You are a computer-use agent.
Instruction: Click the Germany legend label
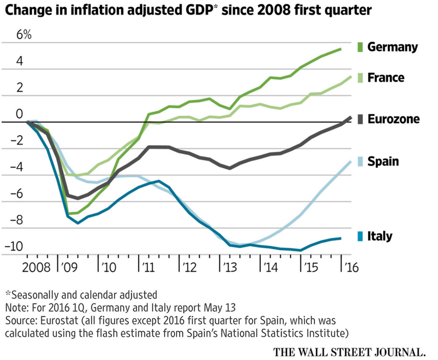pyautogui.click(x=392, y=47)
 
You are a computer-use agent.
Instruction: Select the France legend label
pyautogui.click(x=386, y=78)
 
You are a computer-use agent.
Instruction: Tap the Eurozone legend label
pyautogui.click(x=394, y=119)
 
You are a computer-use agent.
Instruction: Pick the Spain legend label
pyautogui.click(x=383, y=161)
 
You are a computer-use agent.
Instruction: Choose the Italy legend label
pyautogui.click(x=380, y=236)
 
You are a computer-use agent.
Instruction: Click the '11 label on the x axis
pyautogui.click(x=147, y=266)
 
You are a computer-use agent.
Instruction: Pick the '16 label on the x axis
pyautogui.click(x=351, y=266)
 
